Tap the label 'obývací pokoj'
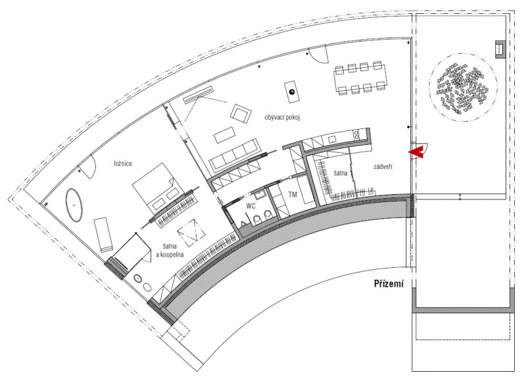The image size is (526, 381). coord(282,118)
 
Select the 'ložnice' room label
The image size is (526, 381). coord(123,163)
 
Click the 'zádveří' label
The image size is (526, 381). coord(383,166)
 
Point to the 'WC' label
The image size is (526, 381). coord(251,206)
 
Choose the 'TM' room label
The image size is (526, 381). coord(293,194)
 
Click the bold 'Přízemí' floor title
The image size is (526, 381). coord(389,284)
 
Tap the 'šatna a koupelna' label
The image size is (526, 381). coord(170,251)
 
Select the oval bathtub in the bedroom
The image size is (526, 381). coord(74,205)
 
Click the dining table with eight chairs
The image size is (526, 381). coord(360,78)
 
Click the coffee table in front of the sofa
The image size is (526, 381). coord(224,134)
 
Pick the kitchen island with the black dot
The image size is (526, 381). coord(291,92)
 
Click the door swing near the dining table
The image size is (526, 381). coord(318,55)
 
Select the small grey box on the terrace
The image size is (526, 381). coord(500,49)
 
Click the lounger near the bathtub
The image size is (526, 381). coord(103,234)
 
